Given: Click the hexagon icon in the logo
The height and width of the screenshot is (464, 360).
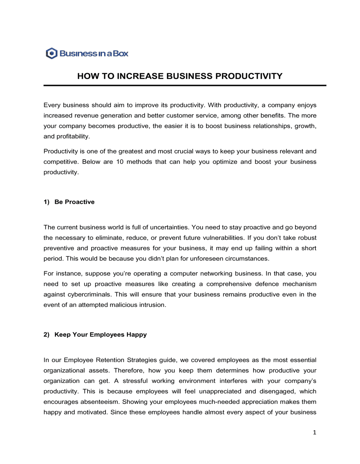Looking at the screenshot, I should coord(52,54).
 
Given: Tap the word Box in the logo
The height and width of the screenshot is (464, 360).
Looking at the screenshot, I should coord(121,54).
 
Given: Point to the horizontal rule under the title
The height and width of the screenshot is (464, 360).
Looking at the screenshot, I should coord(185,86).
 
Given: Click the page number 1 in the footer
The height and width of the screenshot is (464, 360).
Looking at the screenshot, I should coord(314,432).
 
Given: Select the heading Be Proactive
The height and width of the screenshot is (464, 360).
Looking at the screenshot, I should coord(75,202).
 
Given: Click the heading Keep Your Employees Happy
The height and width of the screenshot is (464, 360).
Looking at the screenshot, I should coord(100,335).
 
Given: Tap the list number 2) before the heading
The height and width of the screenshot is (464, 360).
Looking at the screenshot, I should coord(46,335).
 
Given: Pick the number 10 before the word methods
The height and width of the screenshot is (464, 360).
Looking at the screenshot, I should coord(120,162).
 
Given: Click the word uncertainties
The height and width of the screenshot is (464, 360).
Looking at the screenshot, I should coord(169,227).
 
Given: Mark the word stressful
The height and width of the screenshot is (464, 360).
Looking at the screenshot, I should coord(135,381).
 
